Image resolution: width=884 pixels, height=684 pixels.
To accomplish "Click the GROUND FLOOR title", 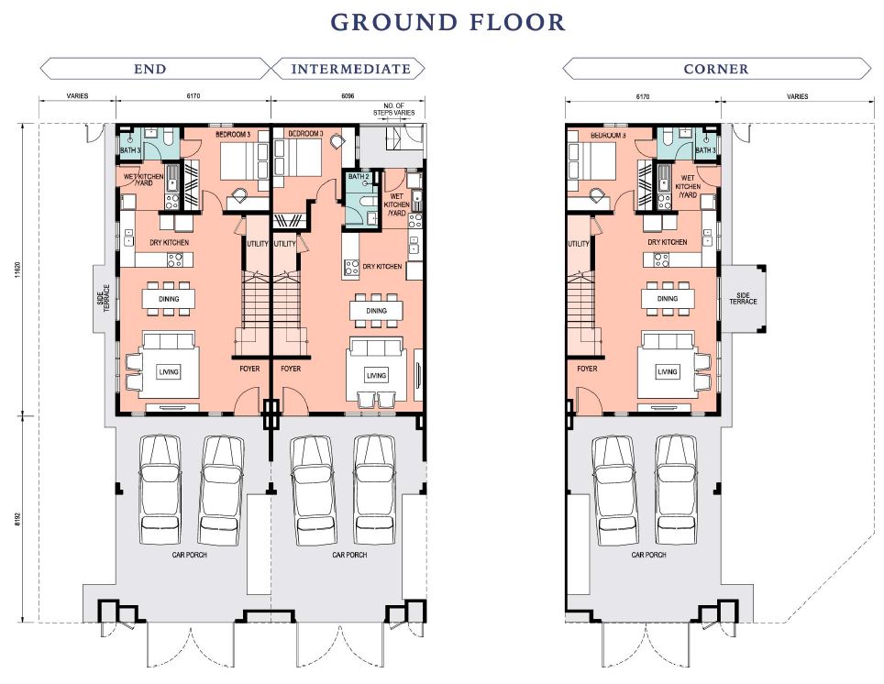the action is [448, 23].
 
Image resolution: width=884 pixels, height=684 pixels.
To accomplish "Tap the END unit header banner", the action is [155, 69].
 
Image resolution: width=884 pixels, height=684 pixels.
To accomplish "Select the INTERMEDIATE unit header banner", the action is [348, 69].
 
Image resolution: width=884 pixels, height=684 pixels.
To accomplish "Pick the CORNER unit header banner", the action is [716, 69].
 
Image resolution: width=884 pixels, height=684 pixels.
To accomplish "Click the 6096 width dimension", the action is [348, 96].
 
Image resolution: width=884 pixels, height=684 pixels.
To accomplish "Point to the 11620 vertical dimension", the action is [17, 270].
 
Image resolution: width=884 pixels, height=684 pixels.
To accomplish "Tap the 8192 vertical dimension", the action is [17, 519].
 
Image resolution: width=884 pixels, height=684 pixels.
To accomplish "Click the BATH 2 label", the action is [359, 176].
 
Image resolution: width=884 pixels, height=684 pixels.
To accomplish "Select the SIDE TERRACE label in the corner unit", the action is [743, 298].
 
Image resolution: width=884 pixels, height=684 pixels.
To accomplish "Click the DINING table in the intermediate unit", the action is [376, 310].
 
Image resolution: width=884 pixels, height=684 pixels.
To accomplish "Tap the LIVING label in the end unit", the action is [169, 371].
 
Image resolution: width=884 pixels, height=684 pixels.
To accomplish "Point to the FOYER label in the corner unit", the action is [587, 369].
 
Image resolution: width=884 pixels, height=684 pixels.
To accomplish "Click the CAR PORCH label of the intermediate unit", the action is [349, 555].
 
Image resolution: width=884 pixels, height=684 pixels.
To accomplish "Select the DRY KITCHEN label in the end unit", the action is [169, 242].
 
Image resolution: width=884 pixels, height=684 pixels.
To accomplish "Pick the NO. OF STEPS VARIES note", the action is [394, 109].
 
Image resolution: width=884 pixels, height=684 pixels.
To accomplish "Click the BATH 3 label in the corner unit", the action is [705, 150].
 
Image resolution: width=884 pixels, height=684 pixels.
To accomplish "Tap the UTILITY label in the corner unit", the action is [579, 244].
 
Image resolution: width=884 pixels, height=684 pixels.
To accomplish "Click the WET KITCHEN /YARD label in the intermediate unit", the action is [397, 204].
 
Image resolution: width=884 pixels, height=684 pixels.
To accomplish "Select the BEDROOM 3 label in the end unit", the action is [233, 135].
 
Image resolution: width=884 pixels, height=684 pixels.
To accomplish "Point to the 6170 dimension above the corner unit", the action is [643, 96].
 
